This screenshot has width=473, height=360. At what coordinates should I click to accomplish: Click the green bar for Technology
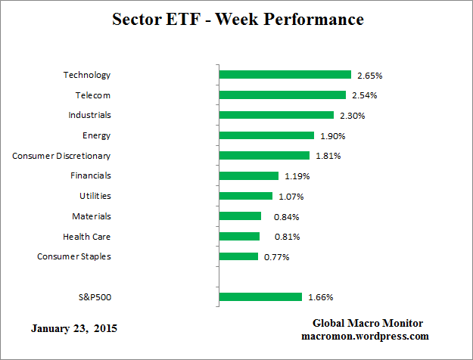pyautogui.click(x=285, y=75)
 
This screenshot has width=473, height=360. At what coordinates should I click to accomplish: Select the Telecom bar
pyautogui.click(x=282, y=95)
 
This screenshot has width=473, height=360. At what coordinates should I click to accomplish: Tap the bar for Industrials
pyautogui.click(x=276, y=115)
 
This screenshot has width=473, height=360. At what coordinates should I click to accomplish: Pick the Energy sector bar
pyautogui.click(x=266, y=135)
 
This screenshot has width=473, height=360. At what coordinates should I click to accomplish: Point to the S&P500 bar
pyautogui.click(x=260, y=297)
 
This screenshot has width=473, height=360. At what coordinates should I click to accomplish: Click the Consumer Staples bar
pyautogui.click(x=238, y=256)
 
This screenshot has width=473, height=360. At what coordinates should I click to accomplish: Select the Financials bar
pyautogui.click(x=249, y=175)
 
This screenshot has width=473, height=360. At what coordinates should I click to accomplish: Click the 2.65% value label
pyautogui.click(x=370, y=76)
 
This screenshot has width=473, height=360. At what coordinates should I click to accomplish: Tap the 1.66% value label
pyautogui.click(x=320, y=298)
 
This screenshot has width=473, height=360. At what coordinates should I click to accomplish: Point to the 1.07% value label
pyautogui.click(x=291, y=197)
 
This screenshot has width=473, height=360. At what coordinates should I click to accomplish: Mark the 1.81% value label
pyautogui.click(x=328, y=157)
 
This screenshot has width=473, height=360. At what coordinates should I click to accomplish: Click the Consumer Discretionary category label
pyautogui.click(x=61, y=156)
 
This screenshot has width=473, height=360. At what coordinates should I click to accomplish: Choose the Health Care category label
pyautogui.click(x=87, y=237)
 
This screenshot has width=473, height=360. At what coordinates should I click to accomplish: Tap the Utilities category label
pyautogui.click(x=95, y=196)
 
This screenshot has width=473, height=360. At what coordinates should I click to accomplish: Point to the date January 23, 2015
pyautogui.click(x=74, y=329)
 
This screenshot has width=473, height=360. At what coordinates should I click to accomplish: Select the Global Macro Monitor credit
pyautogui.click(x=366, y=324)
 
